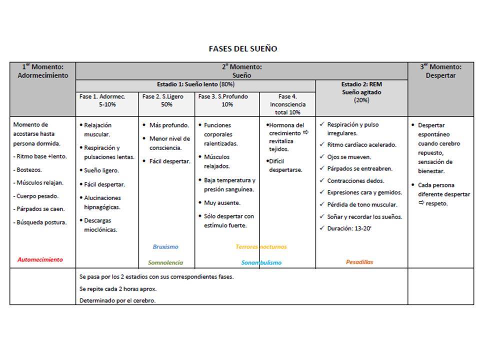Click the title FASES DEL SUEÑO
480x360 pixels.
tap(242, 49)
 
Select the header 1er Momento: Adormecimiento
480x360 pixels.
tap(42, 71)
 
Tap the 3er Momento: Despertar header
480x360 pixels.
tap(440, 71)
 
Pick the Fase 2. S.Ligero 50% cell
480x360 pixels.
tap(166, 100)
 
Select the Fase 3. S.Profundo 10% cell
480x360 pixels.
tap(226, 100)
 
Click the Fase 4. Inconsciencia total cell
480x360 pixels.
tap(287, 104)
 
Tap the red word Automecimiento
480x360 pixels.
tap(40, 259)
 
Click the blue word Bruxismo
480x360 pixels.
tap(165, 246)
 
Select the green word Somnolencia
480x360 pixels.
tap(165, 262)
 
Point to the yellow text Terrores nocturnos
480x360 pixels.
tap(261, 246)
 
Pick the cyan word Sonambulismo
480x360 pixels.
tap(261, 262)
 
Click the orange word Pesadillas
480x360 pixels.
tap(359, 261)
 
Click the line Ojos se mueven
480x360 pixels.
tap(349, 156)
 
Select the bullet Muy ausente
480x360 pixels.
tap(222, 202)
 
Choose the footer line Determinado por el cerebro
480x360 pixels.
tap(117, 300)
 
